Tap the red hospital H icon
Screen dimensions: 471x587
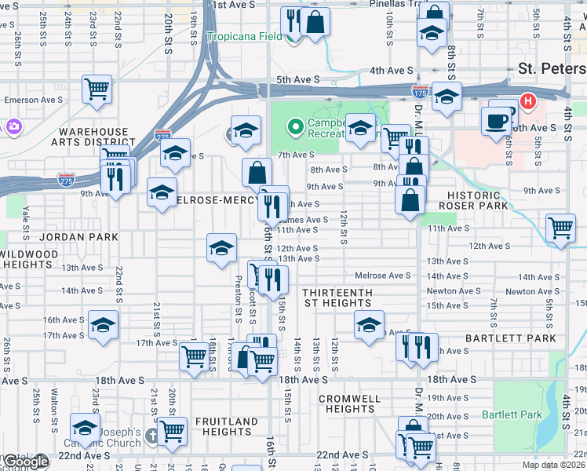[x=528, y=101]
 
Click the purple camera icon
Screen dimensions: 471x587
[x=13, y=126]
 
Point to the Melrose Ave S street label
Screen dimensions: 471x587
[x=383, y=276]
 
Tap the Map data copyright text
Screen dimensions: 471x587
[x=554, y=465]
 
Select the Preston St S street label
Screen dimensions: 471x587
[x=237, y=299]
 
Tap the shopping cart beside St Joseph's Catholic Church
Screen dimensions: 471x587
[x=172, y=430]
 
